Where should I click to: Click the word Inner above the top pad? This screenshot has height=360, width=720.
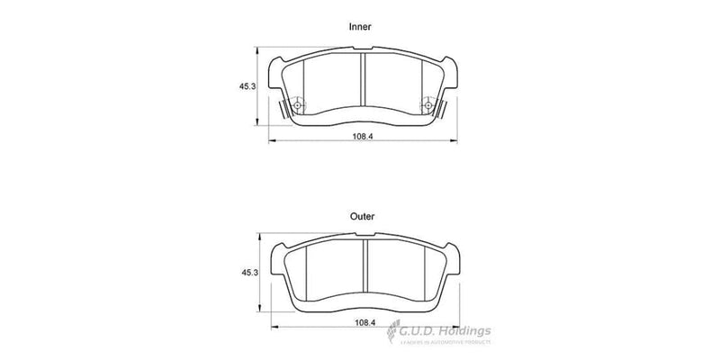point(360,27)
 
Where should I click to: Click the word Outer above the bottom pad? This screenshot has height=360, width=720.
point(363,216)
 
